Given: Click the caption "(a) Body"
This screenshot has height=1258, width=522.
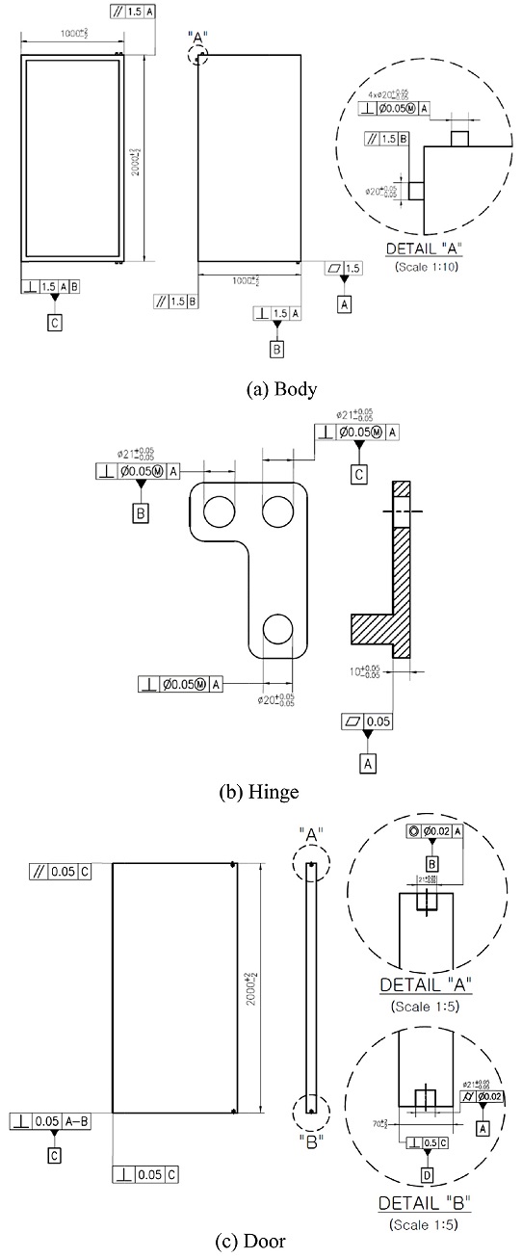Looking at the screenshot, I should click(x=281, y=389).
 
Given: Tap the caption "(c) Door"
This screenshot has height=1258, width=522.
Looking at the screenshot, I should click(x=261, y=1242).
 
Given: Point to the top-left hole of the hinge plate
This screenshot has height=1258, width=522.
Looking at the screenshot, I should click(x=219, y=510).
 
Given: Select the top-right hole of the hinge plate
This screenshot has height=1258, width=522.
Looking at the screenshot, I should click(x=279, y=510).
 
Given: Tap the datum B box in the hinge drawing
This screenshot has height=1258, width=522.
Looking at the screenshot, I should click(x=141, y=513).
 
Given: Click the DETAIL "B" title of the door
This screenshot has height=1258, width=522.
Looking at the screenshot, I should click(x=425, y=1203).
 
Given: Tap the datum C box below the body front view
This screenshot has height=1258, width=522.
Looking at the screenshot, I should click(x=55, y=323).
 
